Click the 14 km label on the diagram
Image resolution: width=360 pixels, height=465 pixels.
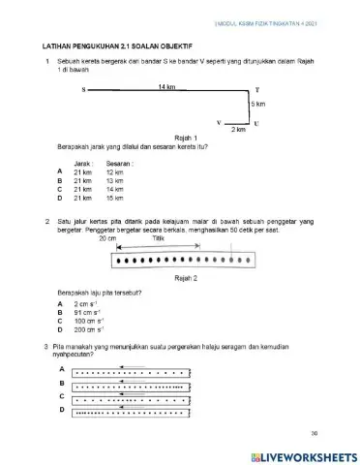[166, 86]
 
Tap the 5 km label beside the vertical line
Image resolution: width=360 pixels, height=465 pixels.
[258, 103]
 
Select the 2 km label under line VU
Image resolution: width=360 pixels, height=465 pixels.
[238, 129]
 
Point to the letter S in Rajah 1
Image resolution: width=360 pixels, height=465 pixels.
[84, 91]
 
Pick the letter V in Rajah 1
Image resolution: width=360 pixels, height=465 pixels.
[219, 123]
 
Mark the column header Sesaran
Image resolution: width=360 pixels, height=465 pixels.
[120, 164]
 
